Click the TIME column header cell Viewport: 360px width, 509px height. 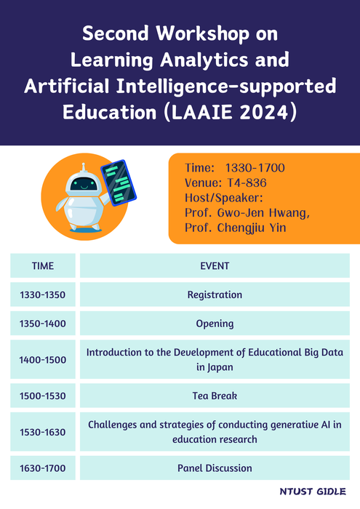[x=43, y=266]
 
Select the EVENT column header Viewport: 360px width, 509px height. [x=215, y=266]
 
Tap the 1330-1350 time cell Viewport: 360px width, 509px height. [x=43, y=295]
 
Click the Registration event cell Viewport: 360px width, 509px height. [x=215, y=295]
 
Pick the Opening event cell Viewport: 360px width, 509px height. [x=215, y=324]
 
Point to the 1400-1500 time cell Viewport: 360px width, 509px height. [x=43, y=360]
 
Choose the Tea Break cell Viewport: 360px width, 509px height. [x=215, y=396]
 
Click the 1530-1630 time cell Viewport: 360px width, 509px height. [x=43, y=432]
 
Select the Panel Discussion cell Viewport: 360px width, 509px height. [x=215, y=468]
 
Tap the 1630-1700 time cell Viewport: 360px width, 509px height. [x=43, y=468]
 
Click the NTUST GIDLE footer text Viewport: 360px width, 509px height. [x=312, y=492]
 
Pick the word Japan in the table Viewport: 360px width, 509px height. [x=220, y=367]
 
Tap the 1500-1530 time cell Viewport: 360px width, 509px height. [x=43, y=396]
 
